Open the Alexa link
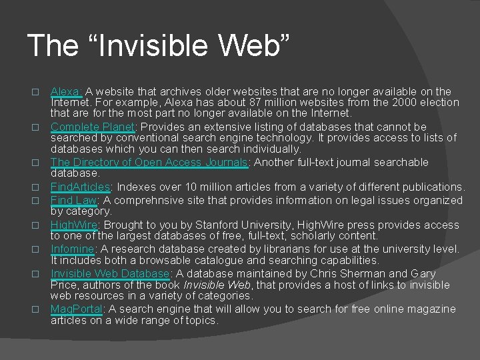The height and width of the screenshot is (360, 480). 67,91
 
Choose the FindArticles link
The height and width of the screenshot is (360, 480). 80,187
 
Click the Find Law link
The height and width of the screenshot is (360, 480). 73,200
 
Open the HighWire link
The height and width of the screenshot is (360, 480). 74,225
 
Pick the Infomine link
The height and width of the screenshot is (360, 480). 72,249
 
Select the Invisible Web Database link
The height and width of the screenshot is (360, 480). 110,273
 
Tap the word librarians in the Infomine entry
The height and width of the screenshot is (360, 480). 271,249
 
